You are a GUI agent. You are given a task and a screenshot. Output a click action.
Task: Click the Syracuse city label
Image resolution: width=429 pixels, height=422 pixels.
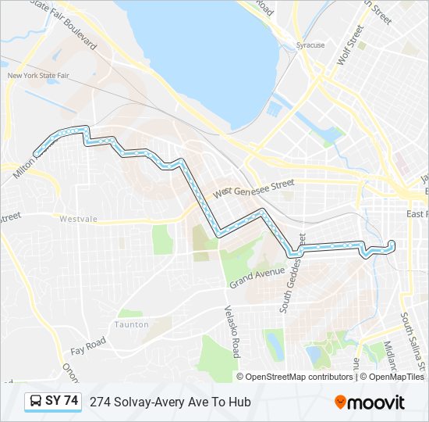(310, 45)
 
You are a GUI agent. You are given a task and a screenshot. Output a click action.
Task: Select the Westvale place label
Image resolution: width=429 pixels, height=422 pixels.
(78, 220)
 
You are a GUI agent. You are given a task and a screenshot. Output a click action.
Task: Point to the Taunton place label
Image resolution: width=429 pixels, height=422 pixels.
(131, 324)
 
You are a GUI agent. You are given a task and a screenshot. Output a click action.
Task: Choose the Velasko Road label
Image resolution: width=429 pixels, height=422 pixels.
(232, 331)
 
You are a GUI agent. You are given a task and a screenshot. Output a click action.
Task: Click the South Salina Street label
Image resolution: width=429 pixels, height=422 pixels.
(412, 339)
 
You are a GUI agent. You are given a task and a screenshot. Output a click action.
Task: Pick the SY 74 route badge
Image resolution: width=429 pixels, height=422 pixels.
(53, 402)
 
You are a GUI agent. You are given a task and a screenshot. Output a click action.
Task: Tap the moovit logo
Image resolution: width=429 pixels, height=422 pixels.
(370, 402)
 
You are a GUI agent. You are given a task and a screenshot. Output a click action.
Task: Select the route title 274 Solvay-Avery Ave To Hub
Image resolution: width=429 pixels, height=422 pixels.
(170, 402)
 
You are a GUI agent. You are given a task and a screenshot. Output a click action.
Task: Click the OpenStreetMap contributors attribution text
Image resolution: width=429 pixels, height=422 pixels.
(299, 377)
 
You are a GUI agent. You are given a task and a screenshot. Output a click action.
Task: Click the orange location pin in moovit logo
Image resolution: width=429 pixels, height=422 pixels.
(341, 402)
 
